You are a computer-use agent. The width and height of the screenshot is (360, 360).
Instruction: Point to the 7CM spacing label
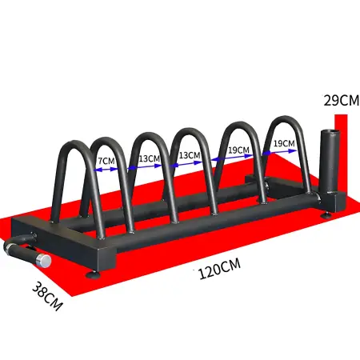coord(105,160)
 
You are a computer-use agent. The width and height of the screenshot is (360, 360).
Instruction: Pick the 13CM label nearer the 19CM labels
coord(189,154)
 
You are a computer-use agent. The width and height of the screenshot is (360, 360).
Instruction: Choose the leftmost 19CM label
coord(237,150)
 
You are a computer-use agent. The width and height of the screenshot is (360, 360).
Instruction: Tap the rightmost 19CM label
coord(283,144)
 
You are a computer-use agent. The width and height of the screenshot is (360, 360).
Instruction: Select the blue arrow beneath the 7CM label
coord(105,170)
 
